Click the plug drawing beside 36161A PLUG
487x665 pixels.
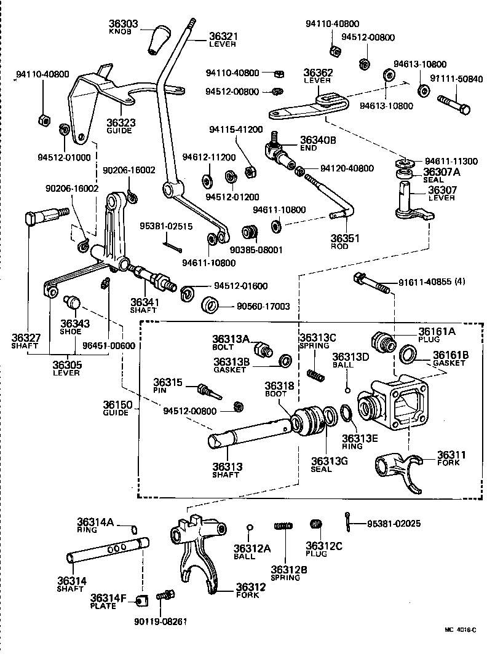[x=382, y=340]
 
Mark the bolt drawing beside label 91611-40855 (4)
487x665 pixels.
[x=372, y=284]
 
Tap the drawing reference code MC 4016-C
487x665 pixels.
[x=461, y=629]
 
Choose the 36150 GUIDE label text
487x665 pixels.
[x=116, y=408]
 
